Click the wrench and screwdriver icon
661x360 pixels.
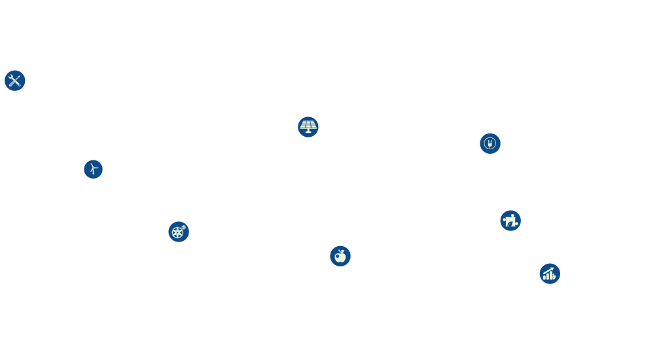click(14, 81)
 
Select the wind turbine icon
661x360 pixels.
click(93, 169)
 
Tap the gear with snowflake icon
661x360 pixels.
click(178, 232)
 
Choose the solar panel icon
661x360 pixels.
click(308, 127)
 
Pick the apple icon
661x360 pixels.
click(340, 256)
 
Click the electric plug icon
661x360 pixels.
click(490, 143)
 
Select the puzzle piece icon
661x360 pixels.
click(510, 221)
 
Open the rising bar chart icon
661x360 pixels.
click(549, 274)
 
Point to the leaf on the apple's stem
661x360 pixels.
click(342, 251)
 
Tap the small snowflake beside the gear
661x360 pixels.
click(184, 227)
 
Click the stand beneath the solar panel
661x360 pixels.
click(308, 132)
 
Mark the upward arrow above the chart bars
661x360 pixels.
click(548, 269)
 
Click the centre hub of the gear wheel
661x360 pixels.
click(177, 233)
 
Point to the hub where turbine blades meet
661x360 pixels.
click(93, 168)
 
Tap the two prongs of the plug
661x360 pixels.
click(490, 140)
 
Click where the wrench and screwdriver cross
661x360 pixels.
click(14, 81)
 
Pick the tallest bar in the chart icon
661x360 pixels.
click(552, 276)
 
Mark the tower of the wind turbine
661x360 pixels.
click(94, 173)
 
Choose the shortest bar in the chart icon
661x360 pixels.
click(545, 278)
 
